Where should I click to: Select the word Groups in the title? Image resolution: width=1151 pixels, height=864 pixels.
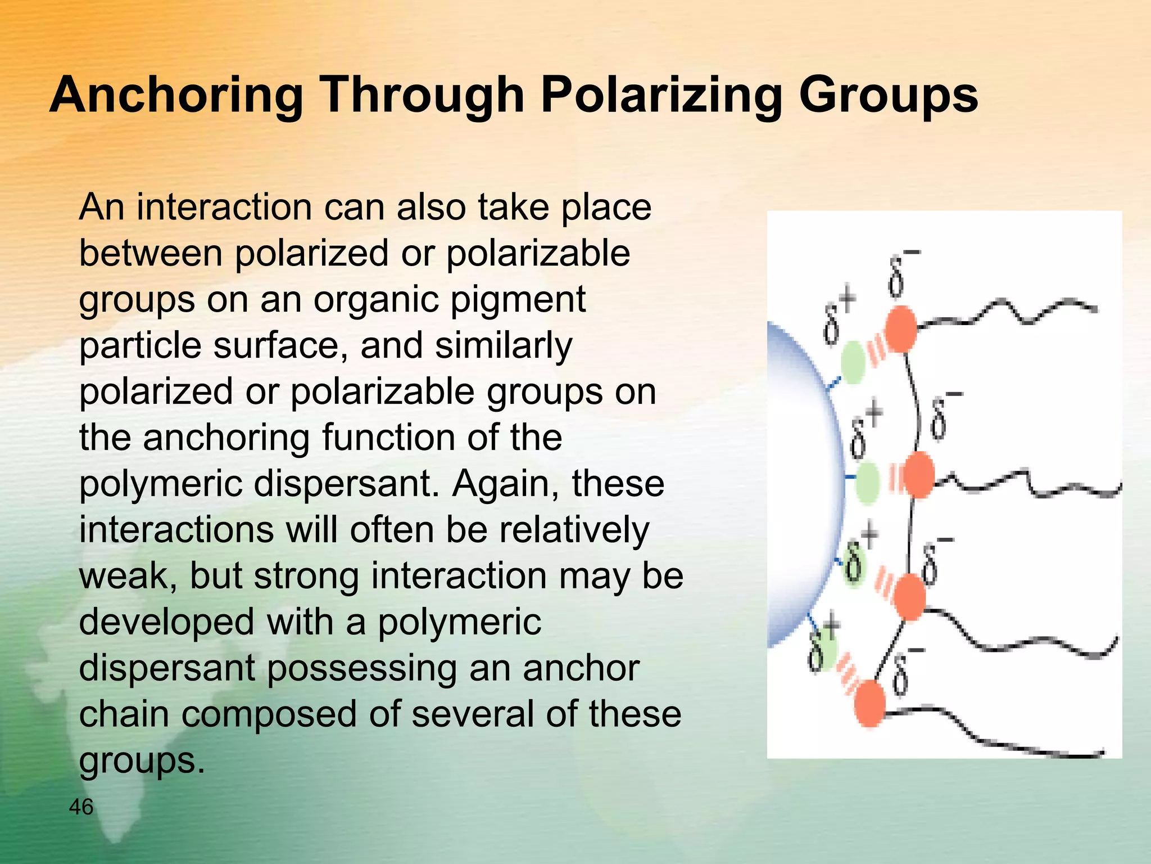pyautogui.click(x=888, y=96)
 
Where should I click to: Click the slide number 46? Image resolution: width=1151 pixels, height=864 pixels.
pyautogui.click(x=81, y=807)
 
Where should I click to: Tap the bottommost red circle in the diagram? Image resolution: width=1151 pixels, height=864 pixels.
pyautogui.click(x=869, y=704)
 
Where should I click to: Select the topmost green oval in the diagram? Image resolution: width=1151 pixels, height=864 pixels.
pyautogui.click(x=853, y=363)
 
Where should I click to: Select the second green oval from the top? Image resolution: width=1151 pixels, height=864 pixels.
pyautogui.click(x=867, y=482)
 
